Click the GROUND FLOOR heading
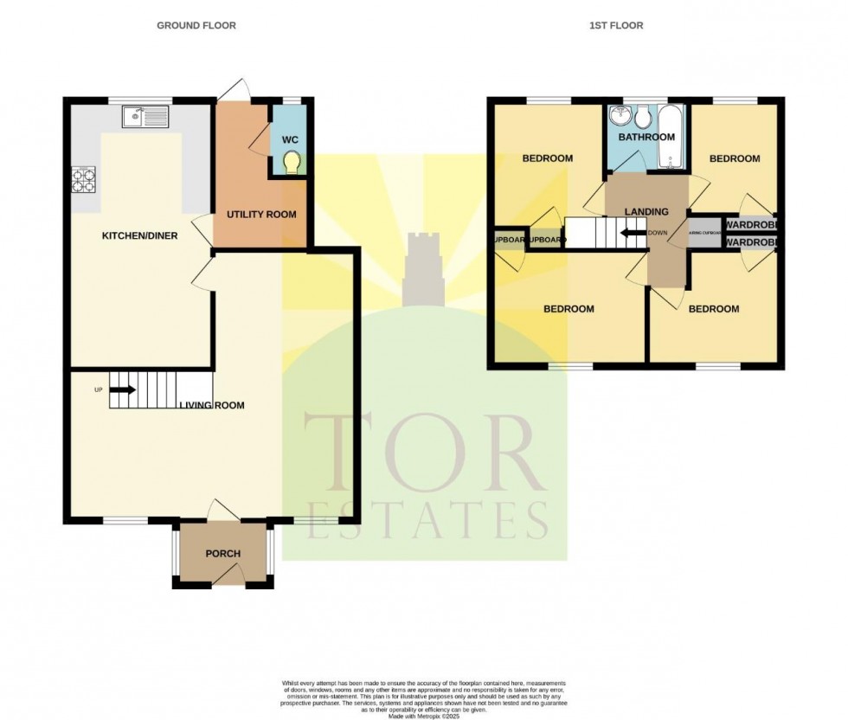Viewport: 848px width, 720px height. [x=196, y=26]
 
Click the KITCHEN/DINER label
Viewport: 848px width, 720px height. [x=139, y=236]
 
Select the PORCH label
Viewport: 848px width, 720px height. [x=222, y=554]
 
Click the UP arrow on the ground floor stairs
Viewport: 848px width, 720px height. [x=122, y=389]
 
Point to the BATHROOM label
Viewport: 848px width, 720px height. [x=646, y=138]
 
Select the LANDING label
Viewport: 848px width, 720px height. [x=646, y=212]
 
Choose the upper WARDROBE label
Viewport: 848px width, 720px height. [x=750, y=225]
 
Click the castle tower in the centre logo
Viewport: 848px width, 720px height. [x=423, y=264]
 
